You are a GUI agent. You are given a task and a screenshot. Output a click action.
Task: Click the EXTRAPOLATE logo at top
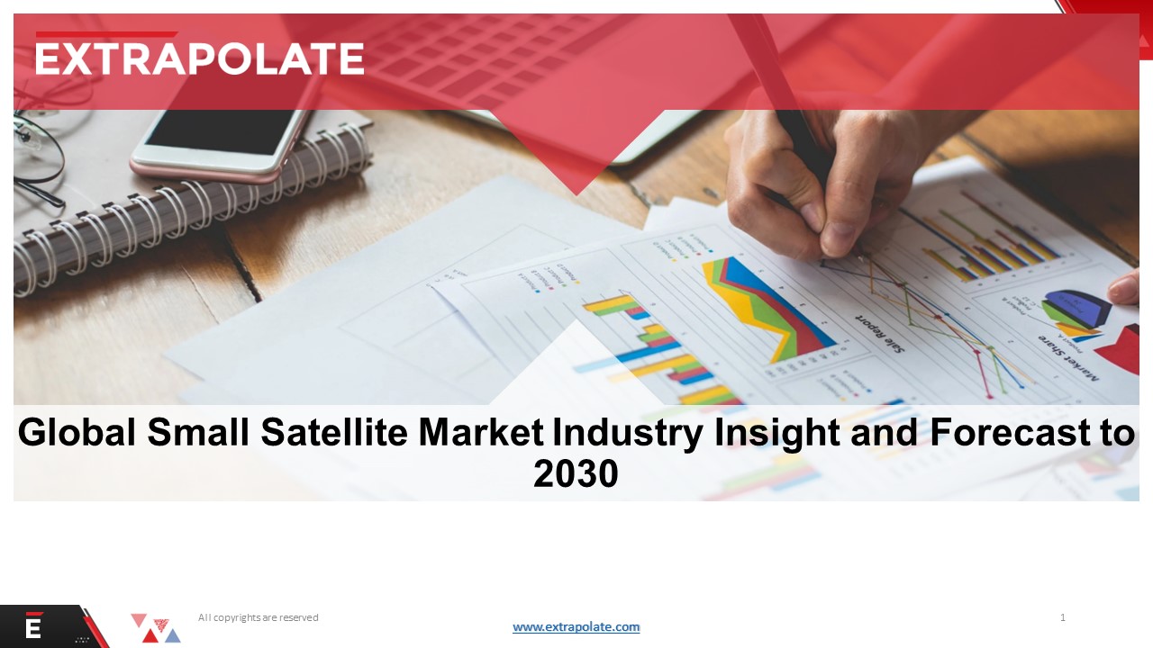pyautogui.click(x=199, y=58)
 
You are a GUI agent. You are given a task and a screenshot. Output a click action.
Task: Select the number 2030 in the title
pyautogui.click(x=576, y=473)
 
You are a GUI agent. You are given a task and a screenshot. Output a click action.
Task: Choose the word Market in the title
pyautogui.click(x=481, y=433)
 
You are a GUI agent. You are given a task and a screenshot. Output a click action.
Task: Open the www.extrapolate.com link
pyautogui.click(x=576, y=627)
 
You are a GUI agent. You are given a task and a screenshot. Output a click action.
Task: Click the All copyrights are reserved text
pyautogui.click(x=258, y=617)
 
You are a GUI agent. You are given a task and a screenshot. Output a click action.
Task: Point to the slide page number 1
pyautogui.click(x=1063, y=617)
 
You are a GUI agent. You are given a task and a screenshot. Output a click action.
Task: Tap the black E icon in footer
pyautogui.click(x=33, y=627)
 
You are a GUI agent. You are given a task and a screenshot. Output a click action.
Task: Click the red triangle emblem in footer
pyautogui.click(x=155, y=628)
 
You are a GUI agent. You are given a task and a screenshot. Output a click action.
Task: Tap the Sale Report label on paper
pyautogui.click(x=878, y=333)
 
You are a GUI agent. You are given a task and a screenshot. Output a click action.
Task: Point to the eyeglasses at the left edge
pyautogui.click(x=36, y=153)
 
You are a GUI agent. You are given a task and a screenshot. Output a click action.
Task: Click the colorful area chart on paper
pyautogui.click(x=766, y=306)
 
